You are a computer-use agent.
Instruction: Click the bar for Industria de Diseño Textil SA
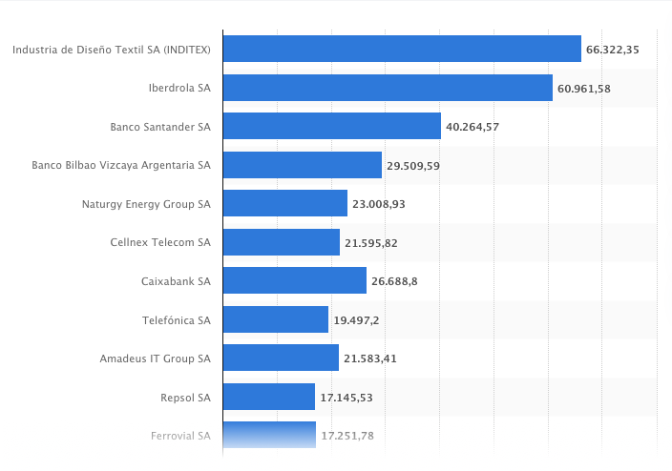402,49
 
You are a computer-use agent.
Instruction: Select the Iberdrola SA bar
388,88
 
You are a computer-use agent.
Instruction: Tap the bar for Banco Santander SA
331,126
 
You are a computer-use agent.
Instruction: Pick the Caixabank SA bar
294,280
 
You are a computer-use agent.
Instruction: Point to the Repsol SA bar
268,397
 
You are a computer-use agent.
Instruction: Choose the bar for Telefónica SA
275,319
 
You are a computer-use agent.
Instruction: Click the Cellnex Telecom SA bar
281,242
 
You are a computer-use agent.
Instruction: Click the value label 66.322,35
612,50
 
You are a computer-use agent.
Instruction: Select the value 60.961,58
584,89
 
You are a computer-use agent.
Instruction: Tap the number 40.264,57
472,127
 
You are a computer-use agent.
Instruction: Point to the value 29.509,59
412,166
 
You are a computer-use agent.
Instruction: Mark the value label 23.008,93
378,204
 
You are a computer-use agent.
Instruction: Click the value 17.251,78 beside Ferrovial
346,436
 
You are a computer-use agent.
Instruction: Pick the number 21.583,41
370,358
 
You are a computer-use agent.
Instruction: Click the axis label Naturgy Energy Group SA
147,204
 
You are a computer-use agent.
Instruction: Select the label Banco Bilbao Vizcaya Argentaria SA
121,165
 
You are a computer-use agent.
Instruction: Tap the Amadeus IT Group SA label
155,358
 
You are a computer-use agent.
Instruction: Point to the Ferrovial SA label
180,436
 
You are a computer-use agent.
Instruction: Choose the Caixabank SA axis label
176,281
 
